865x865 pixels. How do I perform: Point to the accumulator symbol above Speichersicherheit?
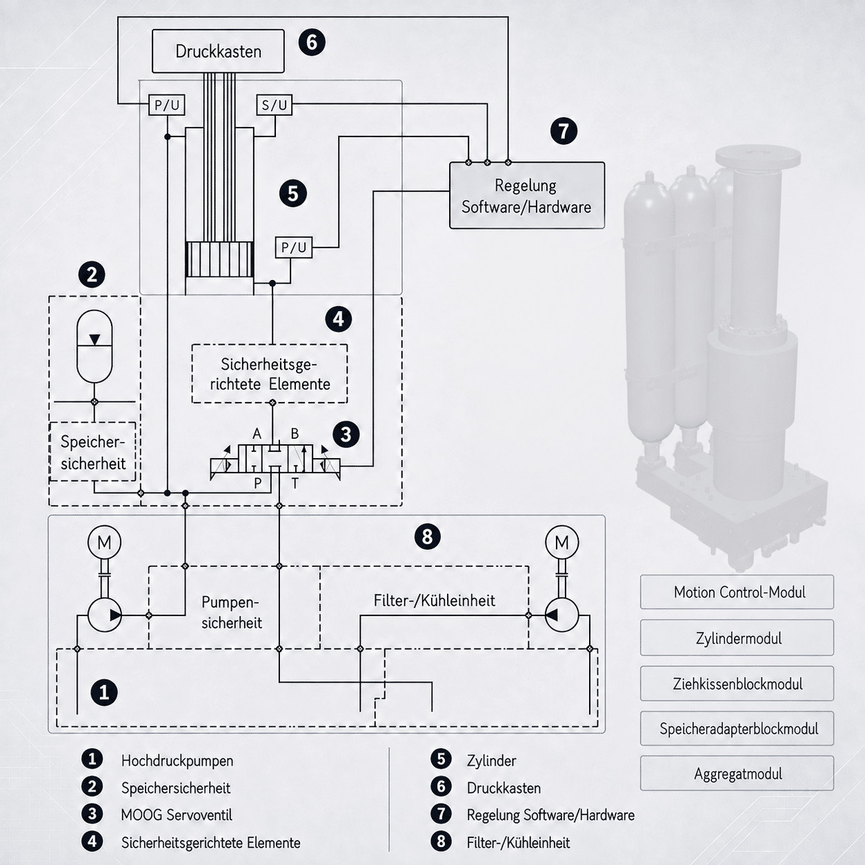click(95, 346)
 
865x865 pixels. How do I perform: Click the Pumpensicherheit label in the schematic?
click(231, 613)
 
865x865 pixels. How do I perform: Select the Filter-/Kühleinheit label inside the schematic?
click(435, 601)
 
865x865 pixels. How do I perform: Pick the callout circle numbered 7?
click(564, 131)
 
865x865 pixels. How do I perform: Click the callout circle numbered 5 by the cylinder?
click(293, 194)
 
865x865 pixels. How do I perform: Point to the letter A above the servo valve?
click(257, 434)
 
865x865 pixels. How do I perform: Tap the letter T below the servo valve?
click(295, 484)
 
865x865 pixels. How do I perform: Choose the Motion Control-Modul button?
click(737, 592)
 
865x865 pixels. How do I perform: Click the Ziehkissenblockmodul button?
click(737, 684)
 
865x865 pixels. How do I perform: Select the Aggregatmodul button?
click(737, 773)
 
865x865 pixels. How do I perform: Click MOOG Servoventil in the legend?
click(177, 815)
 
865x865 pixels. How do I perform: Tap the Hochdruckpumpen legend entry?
click(177, 760)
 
